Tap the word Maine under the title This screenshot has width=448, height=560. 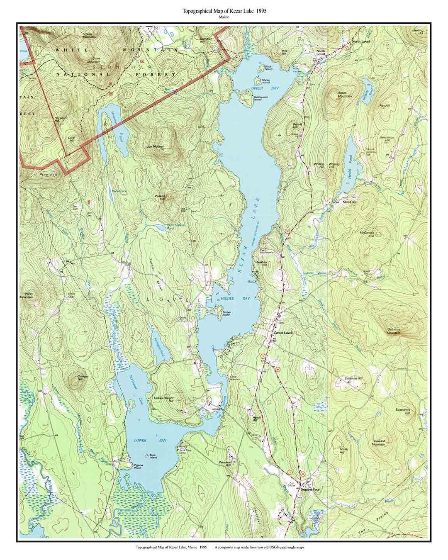[224, 18]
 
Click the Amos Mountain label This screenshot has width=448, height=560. [344, 95]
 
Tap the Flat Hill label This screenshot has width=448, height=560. [385, 106]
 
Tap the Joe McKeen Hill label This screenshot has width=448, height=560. [156, 146]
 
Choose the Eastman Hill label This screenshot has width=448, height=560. [354, 379]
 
